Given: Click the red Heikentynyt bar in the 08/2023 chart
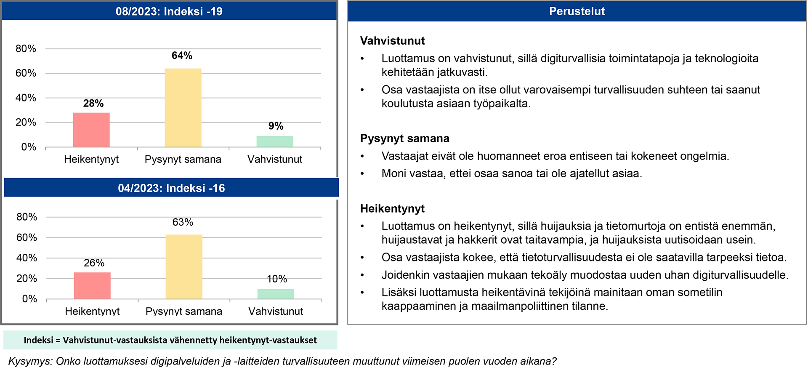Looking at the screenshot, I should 91,130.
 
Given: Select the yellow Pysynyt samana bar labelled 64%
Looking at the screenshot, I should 183,108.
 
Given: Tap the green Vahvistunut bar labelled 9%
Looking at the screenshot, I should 275,141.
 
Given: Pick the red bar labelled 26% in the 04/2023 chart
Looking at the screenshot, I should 92,285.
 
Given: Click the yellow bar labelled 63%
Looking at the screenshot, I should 184,266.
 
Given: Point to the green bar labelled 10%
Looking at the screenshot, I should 276,294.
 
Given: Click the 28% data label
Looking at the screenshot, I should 93,104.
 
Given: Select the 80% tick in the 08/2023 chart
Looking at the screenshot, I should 26,49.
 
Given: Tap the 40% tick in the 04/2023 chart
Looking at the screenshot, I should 27,258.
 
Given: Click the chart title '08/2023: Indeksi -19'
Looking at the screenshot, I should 169,11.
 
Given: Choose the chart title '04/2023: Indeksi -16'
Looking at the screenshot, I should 171,188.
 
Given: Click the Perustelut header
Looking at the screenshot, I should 577,11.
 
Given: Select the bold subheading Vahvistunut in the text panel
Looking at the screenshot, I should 392,41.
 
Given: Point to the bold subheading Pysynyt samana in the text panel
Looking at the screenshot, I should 404,138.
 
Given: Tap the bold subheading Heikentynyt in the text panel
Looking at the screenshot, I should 392,209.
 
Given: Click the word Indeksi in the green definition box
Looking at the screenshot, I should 38,340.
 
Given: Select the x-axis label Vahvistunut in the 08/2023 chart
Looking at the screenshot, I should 275,160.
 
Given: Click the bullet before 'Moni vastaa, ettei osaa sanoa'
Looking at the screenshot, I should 362,174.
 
